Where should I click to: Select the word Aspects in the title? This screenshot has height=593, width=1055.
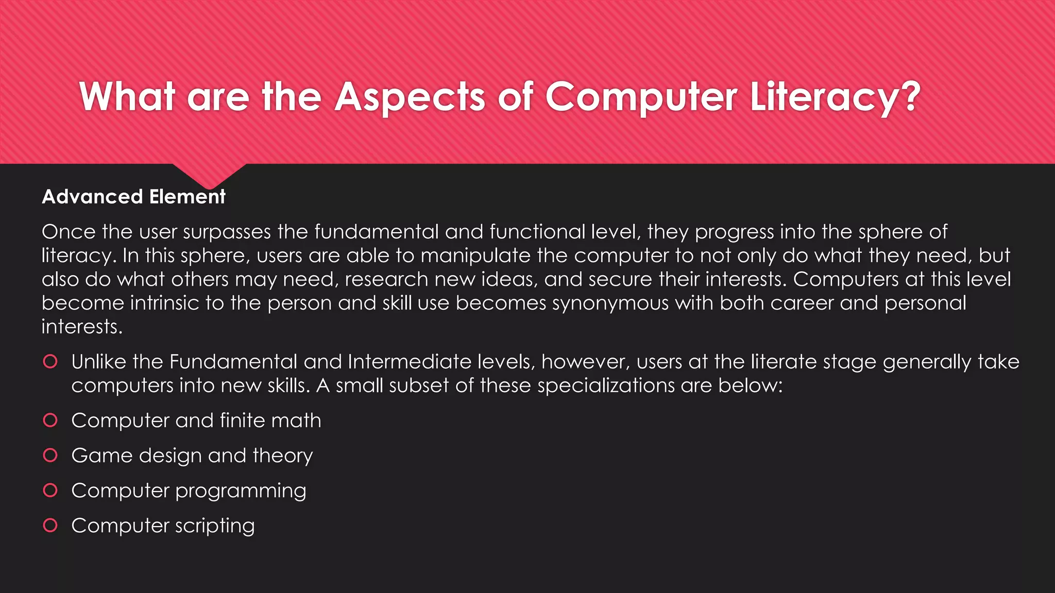(410, 97)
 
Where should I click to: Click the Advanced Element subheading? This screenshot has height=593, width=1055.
(133, 197)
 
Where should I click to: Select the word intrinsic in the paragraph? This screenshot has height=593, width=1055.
(164, 303)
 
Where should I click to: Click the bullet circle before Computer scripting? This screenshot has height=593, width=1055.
(50, 525)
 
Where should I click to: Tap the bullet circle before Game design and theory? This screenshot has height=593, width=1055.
(50, 455)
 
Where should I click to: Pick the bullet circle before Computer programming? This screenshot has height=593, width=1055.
(50, 490)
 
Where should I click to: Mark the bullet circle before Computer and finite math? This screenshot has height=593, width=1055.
(50, 420)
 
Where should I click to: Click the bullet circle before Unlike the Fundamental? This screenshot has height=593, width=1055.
(50, 361)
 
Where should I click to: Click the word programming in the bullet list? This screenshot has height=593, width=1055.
(241, 491)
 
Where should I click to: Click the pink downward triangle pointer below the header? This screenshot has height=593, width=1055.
(209, 175)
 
